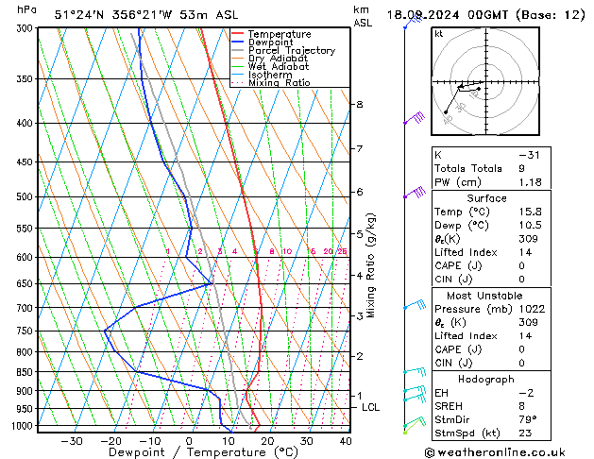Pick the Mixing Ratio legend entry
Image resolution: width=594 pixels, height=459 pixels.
point(283,83)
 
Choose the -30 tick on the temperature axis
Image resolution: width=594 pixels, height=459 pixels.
point(71,441)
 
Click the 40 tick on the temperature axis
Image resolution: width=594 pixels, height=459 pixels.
point(346,441)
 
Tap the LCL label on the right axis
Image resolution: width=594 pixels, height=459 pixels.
point(371,407)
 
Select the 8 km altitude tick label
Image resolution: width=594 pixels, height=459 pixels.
point(360,104)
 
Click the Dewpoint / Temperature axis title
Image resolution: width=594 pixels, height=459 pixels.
point(190,453)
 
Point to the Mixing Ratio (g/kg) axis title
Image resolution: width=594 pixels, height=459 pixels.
point(371,265)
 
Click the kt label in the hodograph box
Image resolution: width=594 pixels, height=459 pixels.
point(439,34)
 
